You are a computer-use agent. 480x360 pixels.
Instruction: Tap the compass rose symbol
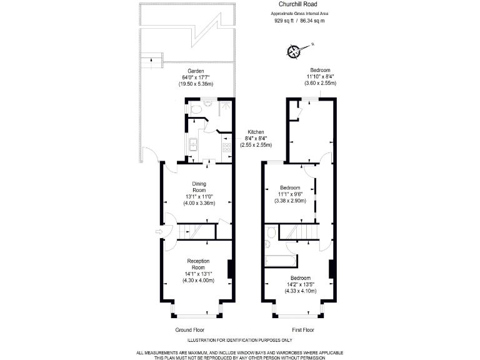coord(294,51)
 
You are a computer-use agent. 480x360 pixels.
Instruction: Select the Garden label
coord(187,70)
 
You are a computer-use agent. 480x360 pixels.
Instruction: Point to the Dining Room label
coord(199,186)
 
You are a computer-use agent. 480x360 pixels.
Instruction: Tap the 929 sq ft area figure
coord(285,21)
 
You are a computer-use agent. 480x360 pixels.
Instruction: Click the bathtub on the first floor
coord(279,260)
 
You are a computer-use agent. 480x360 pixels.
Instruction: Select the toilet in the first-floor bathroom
coord(270,234)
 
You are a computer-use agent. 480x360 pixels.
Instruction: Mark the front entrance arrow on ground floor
coord(158,234)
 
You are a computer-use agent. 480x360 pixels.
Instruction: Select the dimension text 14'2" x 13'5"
coord(300,284)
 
